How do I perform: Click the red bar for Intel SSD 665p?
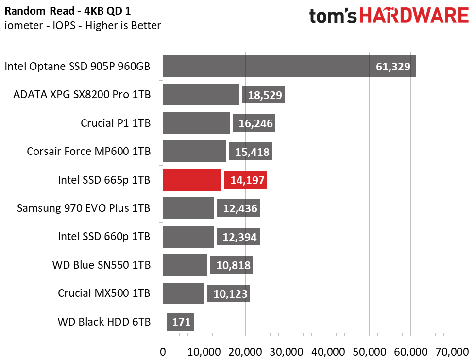[x=192, y=180]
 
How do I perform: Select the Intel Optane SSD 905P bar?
[x=289, y=66]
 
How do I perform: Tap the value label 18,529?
[x=265, y=95]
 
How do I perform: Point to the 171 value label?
[x=181, y=322]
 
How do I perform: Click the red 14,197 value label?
[x=247, y=180]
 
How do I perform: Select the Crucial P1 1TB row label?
[x=116, y=123]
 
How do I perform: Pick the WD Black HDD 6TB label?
[x=104, y=322]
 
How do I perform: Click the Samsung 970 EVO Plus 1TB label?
[x=84, y=208]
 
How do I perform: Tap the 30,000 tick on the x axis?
[x=286, y=352]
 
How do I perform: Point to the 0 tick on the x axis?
[x=163, y=352]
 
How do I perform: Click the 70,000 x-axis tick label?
[x=452, y=352]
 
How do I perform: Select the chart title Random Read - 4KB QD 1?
[x=68, y=11]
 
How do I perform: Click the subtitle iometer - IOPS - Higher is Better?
[x=83, y=25]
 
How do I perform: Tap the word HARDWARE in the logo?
[x=414, y=16]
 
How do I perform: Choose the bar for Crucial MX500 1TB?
[x=184, y=293]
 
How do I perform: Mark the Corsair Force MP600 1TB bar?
[x=194, y=151]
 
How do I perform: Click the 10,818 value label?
[x=233, y=265]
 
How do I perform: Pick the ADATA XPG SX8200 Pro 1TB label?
[x=82, y=95]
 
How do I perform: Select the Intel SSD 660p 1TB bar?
[x=188, y=237]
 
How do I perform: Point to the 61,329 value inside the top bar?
[x=393, y=67]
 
